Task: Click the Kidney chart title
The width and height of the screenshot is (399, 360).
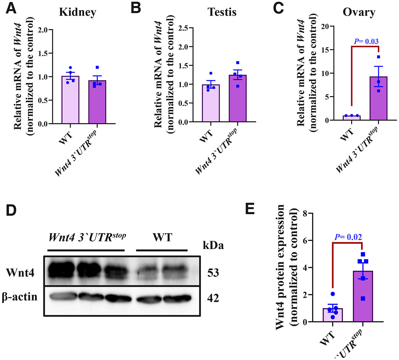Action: [x=78, y=12]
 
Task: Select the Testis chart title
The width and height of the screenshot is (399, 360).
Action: [x=222, y=12]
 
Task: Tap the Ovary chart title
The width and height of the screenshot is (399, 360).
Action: [x=359, y=12]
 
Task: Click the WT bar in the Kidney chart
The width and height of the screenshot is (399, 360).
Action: [x=70, y=100]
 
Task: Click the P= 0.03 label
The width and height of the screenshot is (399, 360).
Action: [x=366, y=41]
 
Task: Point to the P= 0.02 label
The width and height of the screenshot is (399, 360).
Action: [x=348, y=237]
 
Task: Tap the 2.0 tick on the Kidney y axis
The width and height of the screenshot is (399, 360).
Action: [x=43, y=30]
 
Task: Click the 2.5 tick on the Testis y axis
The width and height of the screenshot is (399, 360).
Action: [x=183, y=28]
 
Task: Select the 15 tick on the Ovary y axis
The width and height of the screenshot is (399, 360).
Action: [x=325, y=50]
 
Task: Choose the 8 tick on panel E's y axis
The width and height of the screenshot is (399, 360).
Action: [x=305, y=214]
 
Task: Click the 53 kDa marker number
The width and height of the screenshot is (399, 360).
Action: [x=213, y=273]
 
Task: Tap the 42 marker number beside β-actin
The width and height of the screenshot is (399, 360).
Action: [x=213, y=298]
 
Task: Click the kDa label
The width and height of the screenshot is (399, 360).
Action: [x=213, y=245]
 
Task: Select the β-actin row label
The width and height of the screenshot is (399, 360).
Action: [x=20, y=297]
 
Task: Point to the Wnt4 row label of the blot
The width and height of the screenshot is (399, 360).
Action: [x=20, y=272]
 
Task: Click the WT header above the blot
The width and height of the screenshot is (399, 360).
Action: [x=162, y=237]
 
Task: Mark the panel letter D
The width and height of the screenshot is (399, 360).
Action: [x=11, y=210]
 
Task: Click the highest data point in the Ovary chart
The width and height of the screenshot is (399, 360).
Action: [x=378, y=57]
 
